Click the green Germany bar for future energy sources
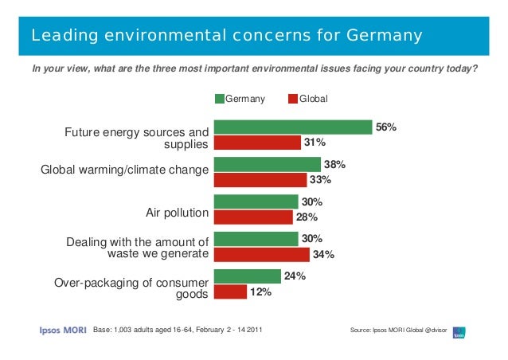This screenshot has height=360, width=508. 293,127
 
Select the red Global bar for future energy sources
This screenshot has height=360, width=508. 256,143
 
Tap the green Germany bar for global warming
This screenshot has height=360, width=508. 267,165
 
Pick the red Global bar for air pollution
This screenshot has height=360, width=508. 253,217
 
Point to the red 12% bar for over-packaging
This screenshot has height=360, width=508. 231,292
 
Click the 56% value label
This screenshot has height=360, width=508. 386,127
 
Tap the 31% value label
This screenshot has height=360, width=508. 313,143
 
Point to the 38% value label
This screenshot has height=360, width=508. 334,165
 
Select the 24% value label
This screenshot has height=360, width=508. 295,276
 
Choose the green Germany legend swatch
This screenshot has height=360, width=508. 220,99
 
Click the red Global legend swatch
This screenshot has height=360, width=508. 293,99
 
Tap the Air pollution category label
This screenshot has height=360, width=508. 177,213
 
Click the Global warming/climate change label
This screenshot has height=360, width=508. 124,170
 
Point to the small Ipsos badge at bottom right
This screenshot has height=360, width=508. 459,331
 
